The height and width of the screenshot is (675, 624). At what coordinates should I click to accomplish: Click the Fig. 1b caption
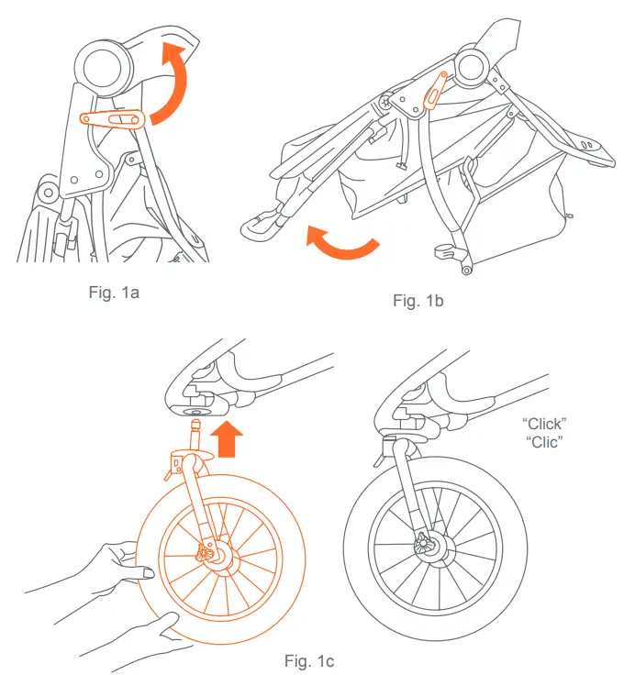(x=418, y=301)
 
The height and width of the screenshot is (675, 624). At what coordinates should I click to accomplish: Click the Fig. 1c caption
(x=310, y=659)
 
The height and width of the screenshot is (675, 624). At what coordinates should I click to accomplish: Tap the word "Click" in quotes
(x=545, y=423)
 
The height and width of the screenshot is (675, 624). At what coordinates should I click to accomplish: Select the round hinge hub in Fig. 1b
(x=471, y=67)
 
